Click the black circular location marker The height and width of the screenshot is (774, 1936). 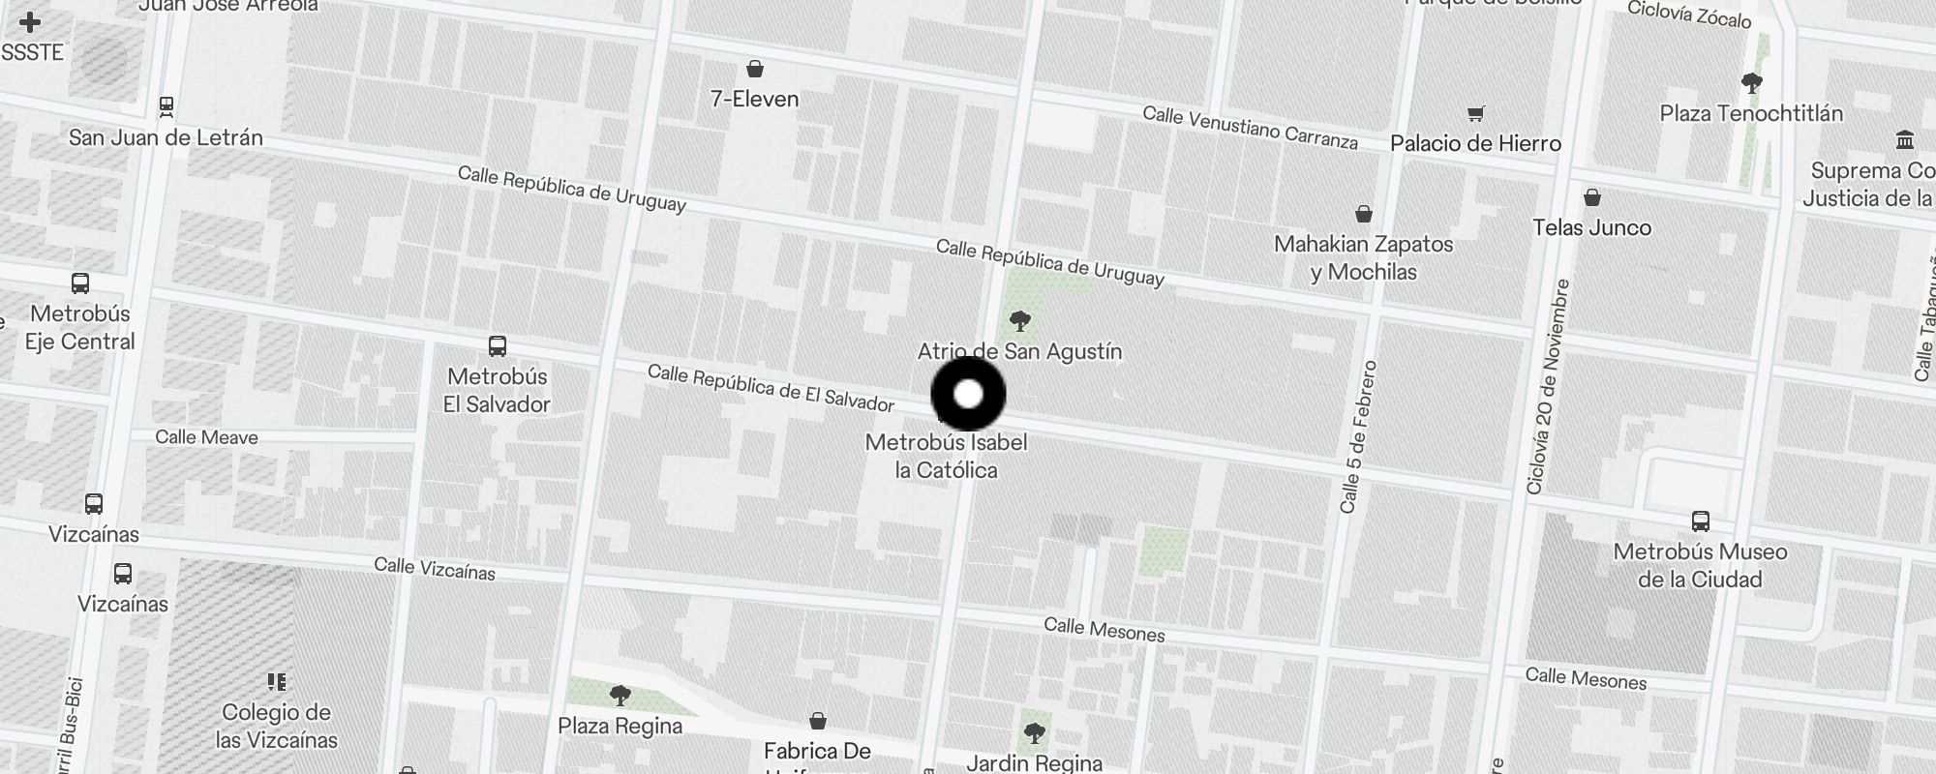click(968, 394)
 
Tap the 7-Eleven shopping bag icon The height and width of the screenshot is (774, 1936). click(754, 69)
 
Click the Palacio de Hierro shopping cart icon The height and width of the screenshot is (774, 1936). click(1475, 114)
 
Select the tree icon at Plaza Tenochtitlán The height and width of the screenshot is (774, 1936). click(1751, 82)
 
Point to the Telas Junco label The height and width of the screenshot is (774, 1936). click(1591, 227)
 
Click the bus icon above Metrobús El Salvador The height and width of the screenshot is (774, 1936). click(498, 346)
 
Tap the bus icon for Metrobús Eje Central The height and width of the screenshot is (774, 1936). click(80, 283)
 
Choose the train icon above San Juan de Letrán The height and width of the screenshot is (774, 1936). click(166, 105)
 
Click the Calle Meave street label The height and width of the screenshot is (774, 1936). click(206, 437)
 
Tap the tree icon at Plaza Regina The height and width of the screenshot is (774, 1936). click(620, 695)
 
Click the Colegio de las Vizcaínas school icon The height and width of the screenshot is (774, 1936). click(277, 682)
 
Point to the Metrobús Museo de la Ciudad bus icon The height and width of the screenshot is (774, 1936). click(1700, 521)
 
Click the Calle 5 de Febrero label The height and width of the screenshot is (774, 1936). click(1357, 436)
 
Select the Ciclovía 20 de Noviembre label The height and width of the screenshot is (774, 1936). click(1546, 387)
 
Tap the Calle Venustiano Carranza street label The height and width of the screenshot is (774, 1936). click(1250, 128)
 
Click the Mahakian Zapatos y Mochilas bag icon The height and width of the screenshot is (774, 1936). click(1364, 213)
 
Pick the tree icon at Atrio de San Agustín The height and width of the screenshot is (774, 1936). click(1019, 321)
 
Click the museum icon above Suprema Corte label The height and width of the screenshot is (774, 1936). click(1905, 140)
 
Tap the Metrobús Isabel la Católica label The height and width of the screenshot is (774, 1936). click(946, 456)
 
